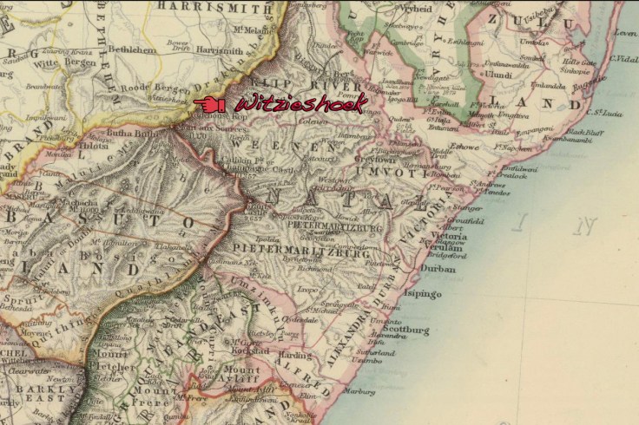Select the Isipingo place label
(x=424, y=294)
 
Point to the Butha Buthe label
(x=129, y=135)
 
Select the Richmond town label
(x=316, y=269)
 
